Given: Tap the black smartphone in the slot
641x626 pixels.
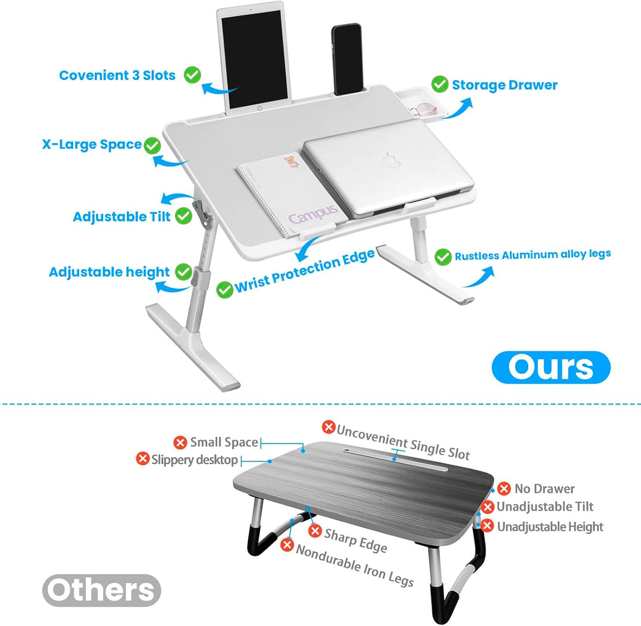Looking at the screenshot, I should tap(347, 59).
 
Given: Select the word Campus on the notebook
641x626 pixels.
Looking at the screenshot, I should tap(313, 214).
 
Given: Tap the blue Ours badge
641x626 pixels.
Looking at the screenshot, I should tap(551, 367).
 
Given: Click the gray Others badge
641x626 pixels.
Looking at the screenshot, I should tap(101, 590).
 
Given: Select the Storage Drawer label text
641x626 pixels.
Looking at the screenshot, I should tap(504, 85).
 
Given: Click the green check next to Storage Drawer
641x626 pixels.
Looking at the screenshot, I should tap(440, 84).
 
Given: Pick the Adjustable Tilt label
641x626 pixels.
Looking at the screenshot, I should tap(122, 217).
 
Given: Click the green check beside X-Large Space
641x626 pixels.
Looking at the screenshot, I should tap(153, 144).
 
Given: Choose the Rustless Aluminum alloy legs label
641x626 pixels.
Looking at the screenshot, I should tap(532, 255).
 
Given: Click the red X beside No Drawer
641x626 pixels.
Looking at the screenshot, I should tap(504, 489).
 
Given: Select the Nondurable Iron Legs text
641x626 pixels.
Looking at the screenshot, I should tap(355, 565).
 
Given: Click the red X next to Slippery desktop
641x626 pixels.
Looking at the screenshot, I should tap(142, 459).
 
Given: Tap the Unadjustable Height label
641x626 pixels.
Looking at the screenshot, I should tap(550, 526).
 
